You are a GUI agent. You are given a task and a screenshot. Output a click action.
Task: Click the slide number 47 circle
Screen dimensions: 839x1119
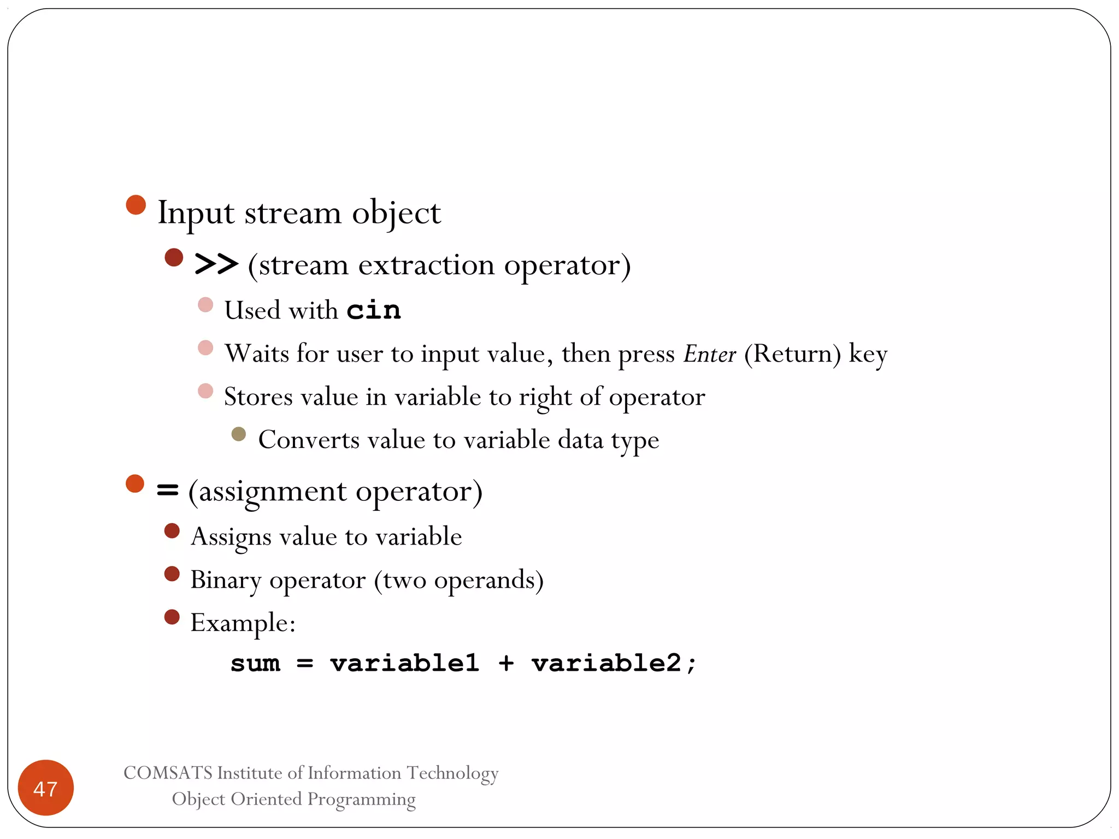click(x=45, y=788)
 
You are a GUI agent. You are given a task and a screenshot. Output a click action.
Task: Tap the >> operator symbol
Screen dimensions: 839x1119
click(x=216, y=264)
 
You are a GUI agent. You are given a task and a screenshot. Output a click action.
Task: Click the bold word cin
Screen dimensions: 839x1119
click(x=374, y=310)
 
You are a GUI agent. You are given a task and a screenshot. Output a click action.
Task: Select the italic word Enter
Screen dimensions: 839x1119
click(x=710, y=354)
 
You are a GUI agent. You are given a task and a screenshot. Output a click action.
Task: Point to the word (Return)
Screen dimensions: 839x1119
click(x=792, y=354)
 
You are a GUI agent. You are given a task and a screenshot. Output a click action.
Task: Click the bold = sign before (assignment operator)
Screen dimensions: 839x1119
click(x=167, y=490)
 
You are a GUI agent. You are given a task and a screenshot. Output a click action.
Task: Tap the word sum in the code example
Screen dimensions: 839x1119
click(x=255, y=664)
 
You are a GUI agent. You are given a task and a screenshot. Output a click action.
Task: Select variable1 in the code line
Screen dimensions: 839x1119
click(x=404, y=663)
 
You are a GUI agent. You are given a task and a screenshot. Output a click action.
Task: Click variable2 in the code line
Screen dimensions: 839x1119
click(x=606, y=663)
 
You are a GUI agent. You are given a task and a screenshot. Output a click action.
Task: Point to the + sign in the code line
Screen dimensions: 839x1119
click(x=506, y=664)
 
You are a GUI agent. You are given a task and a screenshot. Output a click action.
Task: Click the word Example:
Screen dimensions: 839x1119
click(x=243, y=623)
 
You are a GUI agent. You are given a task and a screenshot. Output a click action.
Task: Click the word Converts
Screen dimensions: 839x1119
click(x=309, y=440)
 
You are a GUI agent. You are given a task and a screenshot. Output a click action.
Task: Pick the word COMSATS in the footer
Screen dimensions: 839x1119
click(x=168, y=773)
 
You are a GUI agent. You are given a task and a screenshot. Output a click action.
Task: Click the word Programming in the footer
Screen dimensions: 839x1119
click(x=361, y=799)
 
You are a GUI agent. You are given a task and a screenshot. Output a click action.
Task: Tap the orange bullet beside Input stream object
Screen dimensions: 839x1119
click(x=136, y=205)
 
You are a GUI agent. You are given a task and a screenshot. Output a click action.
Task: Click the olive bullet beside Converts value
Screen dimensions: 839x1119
click(x=238, y=434)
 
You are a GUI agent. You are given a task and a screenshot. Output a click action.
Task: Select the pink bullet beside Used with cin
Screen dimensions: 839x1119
click(x=205, y=304)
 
